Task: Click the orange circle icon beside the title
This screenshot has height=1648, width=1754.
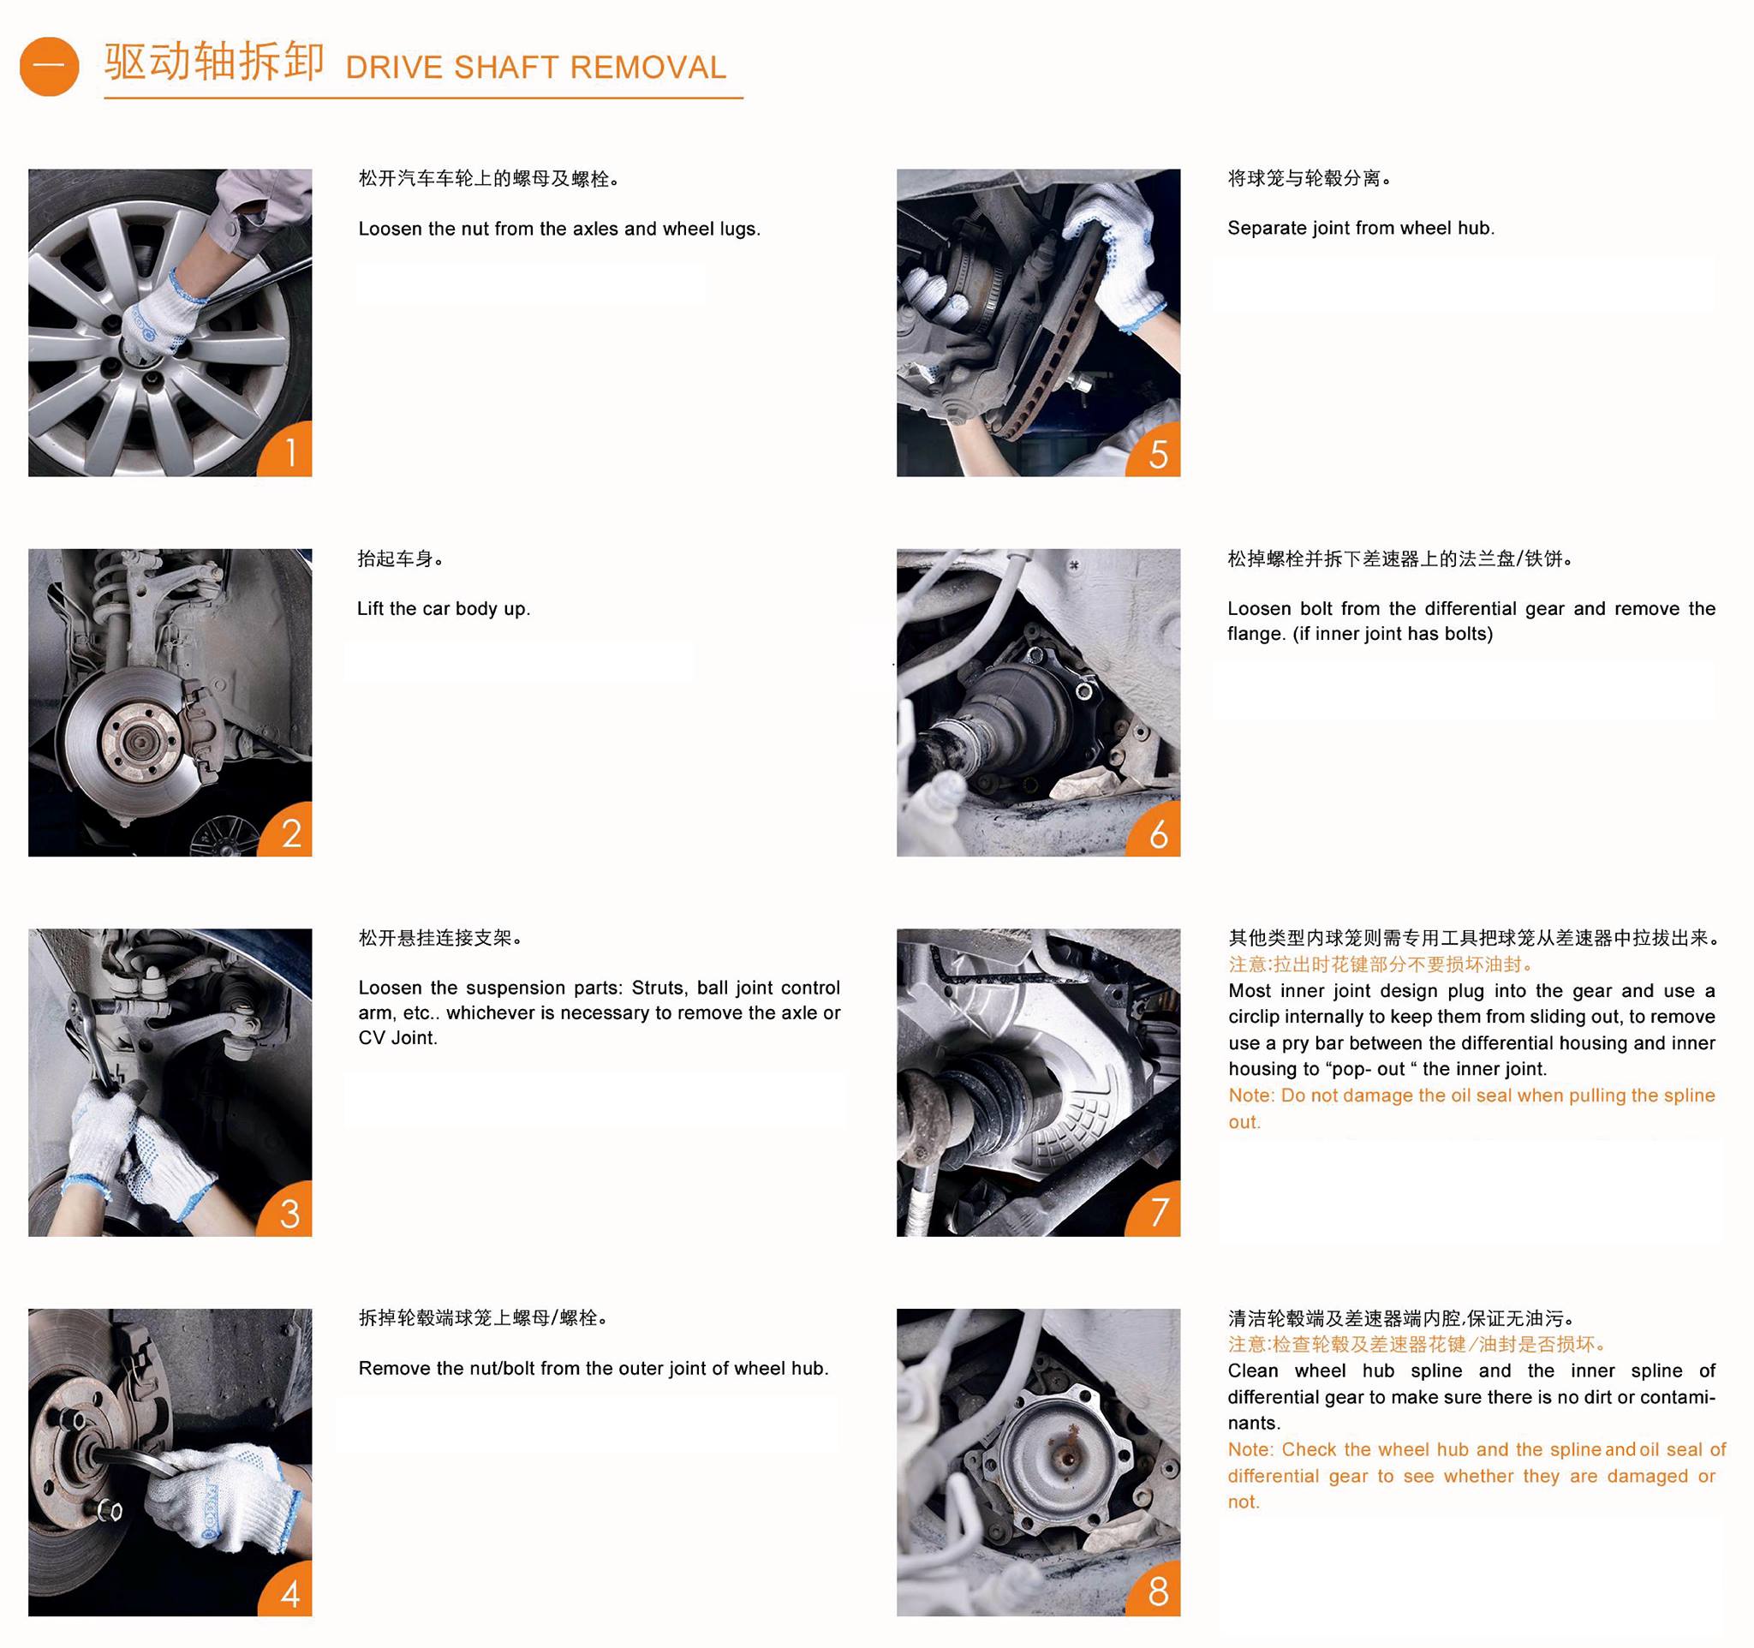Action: (x=49, y=66)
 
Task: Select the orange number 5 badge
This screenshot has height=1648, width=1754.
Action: (x=1157, y=452)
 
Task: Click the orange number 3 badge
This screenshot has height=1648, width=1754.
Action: (x=288, y=1212)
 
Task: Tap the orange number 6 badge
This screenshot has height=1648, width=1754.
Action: (x=1157, y=833)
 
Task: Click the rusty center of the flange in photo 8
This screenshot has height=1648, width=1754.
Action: (x=1065, y=1451)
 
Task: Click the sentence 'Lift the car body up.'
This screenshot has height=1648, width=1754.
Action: (x=443, y=609)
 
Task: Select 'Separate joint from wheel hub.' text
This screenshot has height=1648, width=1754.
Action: (x=1360, y=229)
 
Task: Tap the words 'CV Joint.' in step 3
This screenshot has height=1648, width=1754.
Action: (x=397, y=1038)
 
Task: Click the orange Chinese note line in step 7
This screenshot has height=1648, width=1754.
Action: (x=1381, y=964)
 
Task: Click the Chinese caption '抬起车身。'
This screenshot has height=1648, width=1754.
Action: (x=400, y=558)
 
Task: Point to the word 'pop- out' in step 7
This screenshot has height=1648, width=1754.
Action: (x=1368, y=1069)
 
